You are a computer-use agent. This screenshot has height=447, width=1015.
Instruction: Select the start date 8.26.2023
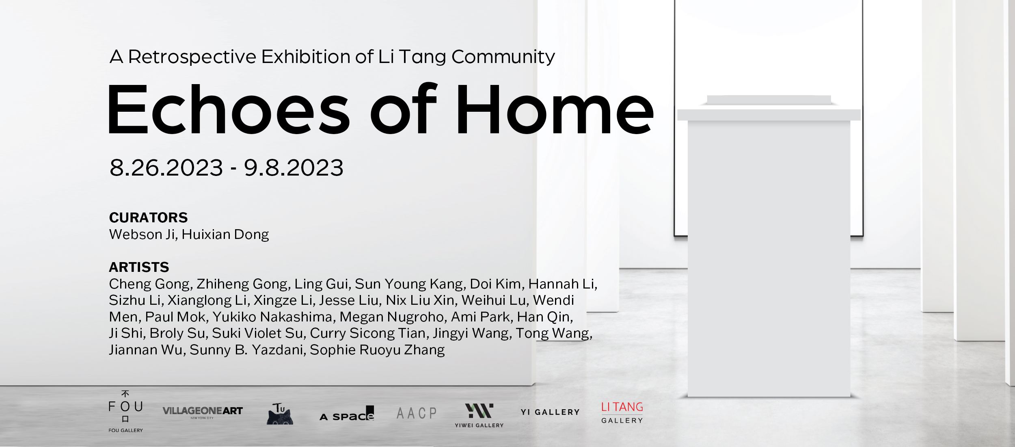[x=166, y=168]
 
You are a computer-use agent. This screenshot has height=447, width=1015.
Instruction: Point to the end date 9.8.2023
[x=294, y=168]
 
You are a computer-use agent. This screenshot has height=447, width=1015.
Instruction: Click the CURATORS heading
[x=149, y=218]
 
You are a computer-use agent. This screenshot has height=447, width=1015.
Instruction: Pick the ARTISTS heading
[x=139, y=267]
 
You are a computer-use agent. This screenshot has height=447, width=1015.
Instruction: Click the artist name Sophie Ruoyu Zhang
[x=377, y=350]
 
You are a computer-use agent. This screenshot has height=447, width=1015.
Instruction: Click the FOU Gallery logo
[x=126, y=411]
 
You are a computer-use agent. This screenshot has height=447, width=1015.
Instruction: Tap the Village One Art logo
[x=203, y=412]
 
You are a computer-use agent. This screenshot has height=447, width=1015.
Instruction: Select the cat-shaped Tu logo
[x=280, y=414]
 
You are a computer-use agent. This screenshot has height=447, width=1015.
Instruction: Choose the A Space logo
[x=347, y=413]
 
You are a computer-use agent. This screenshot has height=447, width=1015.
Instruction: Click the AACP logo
[x=417, y=413]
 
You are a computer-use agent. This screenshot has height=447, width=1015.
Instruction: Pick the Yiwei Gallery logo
[x=479, y=415]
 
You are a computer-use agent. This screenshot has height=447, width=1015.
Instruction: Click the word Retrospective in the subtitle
[x=192, y=57]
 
